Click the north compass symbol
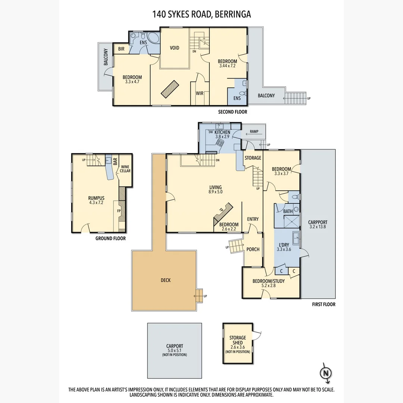pyautogui.click(x=325, y=372)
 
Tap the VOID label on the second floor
pyautogui.click(x=175, y=48)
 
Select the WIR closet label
pyautogui.click(x=200, y=93)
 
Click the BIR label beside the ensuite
pyautogui.click(x=121, y=49)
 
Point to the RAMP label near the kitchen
pyautogui.click(x=254, y=131)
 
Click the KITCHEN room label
pyautogui.click(x=222, y=132)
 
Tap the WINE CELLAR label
pyautogui.click(x=125, y=169)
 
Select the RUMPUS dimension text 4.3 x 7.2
pyautogui.click(x=96, y=203)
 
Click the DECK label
pyautogui.click(x=166, y=280)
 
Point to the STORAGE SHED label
pyautogui.click(x=238, y=340)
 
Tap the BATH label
pyautogui.click(x=288, y=212)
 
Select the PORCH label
pyautogui.click(x=253, y=249)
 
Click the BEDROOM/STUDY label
pyautogui.click(x=269, y=281)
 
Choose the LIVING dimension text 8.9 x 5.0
pyautogui.click(x=215, y=192)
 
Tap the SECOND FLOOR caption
pyautogui.click(x=232, y=112)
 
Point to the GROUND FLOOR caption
pyautogui.click(x=110, y=238)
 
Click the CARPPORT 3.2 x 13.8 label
pyautogui.click(x=318, y=224)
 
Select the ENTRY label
pyautogui.click(x=253, y=219)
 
